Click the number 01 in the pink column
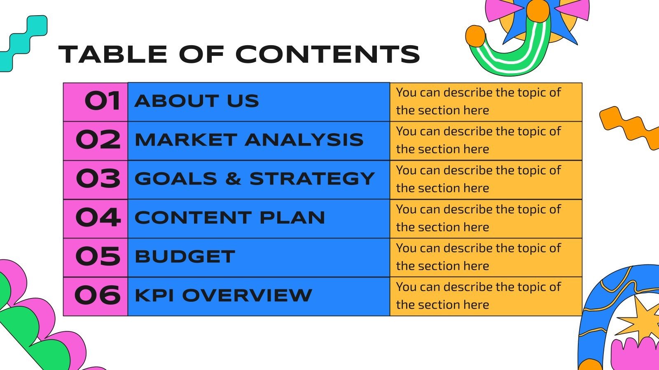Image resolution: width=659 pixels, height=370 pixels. tap(102, 101)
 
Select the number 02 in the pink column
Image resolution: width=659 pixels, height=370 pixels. tap(98, 140)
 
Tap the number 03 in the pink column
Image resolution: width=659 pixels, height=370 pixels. tap(98, 179)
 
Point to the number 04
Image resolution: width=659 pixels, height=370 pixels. tap(98, 217)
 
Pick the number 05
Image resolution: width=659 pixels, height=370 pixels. tap(98, 257)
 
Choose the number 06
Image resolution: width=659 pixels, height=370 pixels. tap(98, 295)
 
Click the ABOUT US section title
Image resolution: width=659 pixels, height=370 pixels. tap(197, 101)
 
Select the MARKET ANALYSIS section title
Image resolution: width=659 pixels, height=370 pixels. tap(249, 140)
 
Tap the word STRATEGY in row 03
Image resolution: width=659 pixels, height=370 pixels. tap(312, 179)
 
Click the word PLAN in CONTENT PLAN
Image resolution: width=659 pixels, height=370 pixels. tap(292, 217)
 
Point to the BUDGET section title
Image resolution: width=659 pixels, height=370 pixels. tap(185, 257)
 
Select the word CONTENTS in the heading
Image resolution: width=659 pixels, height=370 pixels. tap(327, 54)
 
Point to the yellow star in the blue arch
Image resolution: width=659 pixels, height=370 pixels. tap(636, 319)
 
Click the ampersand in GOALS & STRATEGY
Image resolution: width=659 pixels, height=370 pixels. tap(233, 179)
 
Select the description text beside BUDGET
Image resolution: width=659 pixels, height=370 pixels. tap(478, 257)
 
